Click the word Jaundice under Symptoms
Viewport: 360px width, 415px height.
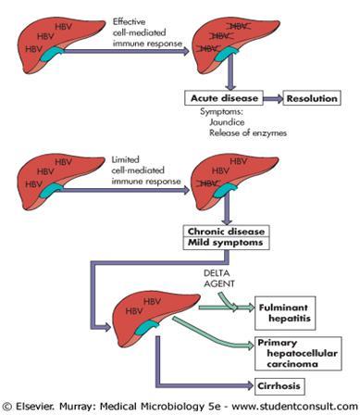220,122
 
